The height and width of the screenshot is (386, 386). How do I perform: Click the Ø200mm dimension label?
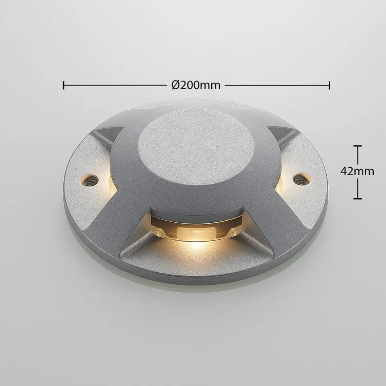coord(196,85)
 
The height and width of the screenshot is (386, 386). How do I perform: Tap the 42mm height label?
coord(357,171)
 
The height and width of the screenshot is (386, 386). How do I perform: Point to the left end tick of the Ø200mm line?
coord(64,85)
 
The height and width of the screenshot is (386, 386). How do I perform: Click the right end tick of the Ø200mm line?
coord(329,85)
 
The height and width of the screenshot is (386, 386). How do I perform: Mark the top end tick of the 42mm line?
coord(360,146)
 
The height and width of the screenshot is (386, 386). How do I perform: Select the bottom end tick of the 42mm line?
coord(360,198)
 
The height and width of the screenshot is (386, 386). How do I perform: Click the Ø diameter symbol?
coord(175,85)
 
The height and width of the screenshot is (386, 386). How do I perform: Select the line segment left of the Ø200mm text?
coord(115,85)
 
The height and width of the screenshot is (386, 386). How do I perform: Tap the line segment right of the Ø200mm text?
coord(277,85)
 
